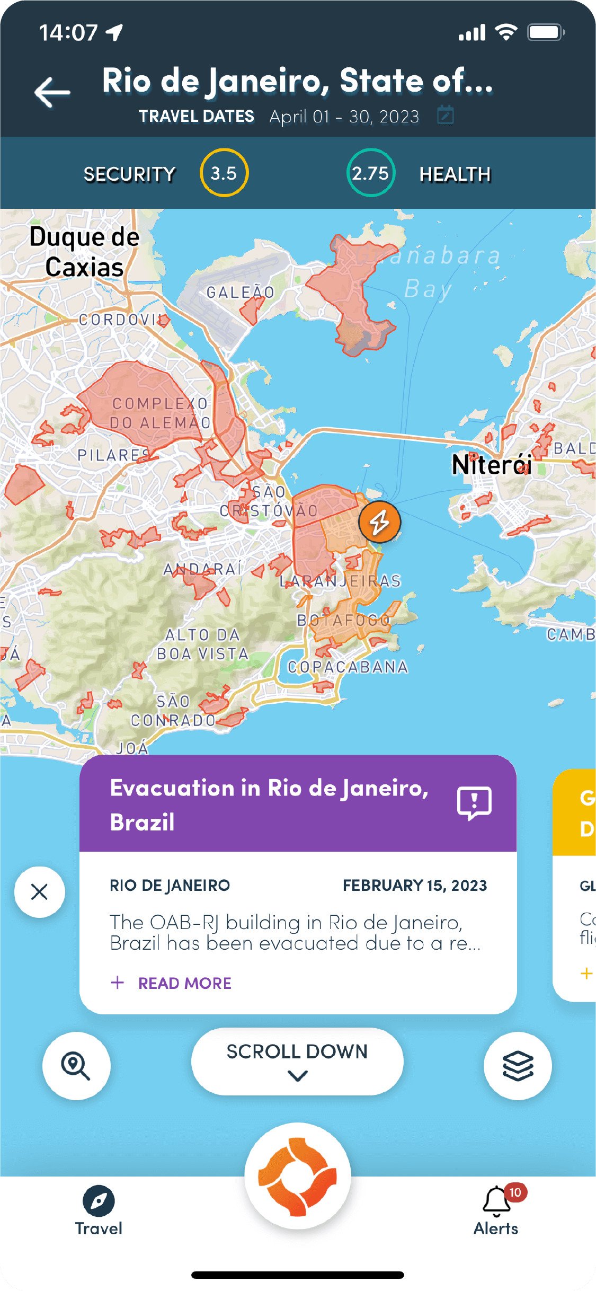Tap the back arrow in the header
pos(52,92)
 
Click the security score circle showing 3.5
pos(224,173)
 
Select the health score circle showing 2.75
pos(371,173)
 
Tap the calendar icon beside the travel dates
pos(445,115)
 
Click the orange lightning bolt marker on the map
pos(379,523)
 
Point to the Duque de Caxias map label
pos(85,252)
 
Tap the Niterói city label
pos(491,465)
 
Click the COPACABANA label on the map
pos(348,667)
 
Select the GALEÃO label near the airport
pos(241,292)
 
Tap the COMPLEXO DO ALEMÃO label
pos(160,413)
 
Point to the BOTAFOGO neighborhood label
pos(343,620)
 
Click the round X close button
pos(40,892)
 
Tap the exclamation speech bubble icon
pos(474,803)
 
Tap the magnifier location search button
pos(76,1066)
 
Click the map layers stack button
pos(518,1066)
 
